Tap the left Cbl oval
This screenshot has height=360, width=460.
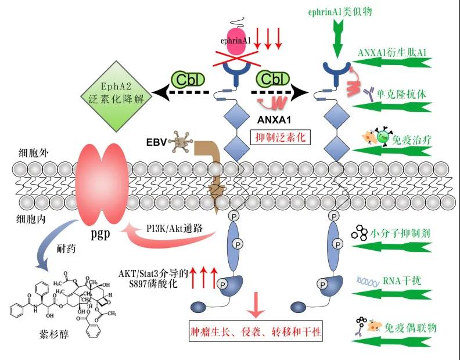point(187,79)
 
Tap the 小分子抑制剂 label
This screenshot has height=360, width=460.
point(399,235)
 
